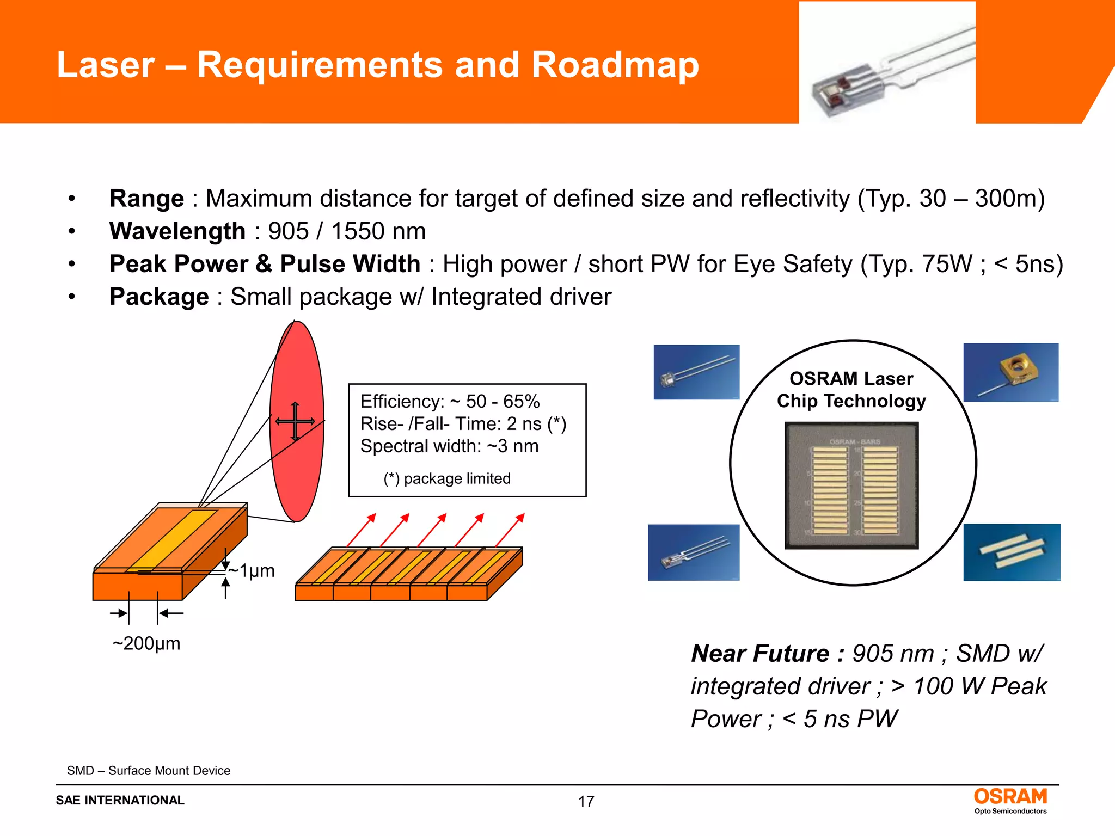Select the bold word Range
(146, 199)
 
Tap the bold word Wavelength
(177, 231)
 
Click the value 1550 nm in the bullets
(378, 231)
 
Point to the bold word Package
(159, 297)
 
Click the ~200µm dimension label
(146, 643)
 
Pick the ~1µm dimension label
(251, 570)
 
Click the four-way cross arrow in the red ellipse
(295, 421)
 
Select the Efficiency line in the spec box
(450, 402)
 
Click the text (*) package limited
(447, 478)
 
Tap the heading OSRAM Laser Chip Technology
(851, 390)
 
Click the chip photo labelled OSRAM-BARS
(851, 485)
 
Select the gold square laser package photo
(1010, 373)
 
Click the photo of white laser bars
(1012, 552)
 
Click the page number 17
(586, 801)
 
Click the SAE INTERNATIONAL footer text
(120, 800)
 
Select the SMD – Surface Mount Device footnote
(149, 771)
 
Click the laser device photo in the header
(886, 63)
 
